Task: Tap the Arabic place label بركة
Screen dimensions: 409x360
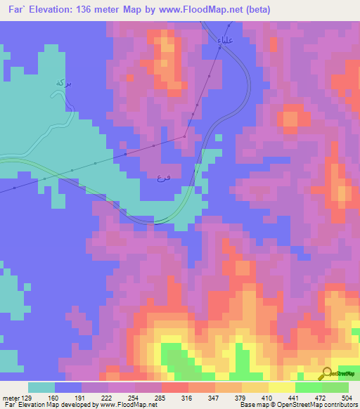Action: pos(63,84)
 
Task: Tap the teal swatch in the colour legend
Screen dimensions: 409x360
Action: pos(41,387)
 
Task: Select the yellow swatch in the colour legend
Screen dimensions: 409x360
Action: pos(281,387)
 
